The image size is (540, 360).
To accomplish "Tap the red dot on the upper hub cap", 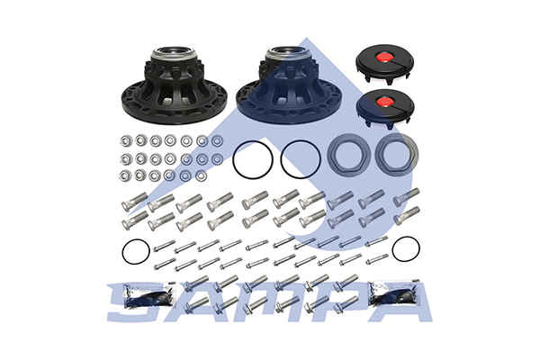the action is point(384,57).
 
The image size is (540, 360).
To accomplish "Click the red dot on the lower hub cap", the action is point(384,102).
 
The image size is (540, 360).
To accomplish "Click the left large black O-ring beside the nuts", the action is point(253,159).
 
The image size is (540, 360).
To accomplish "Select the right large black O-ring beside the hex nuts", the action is point(301,159).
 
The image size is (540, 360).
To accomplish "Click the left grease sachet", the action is point(149,295).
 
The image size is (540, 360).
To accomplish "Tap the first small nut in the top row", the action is point(125,140).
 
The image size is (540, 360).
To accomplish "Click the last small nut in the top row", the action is point(217,140).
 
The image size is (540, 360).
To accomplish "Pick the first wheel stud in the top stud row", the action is point(135,202).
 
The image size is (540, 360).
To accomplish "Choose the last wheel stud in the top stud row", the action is point(407,197).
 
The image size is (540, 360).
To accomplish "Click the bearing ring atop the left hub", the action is point(174,53).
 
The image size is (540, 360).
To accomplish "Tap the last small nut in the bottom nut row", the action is point(201,175).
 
